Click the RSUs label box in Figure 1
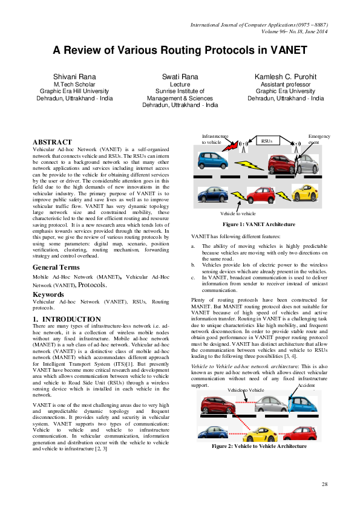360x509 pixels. (267, 141)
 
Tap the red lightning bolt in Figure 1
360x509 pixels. (231, 145)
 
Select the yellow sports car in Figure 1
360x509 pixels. (304, 193)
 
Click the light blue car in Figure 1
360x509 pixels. (212, 160)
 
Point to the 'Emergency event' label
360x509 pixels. (319, 140)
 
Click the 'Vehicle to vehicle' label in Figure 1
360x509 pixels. (238, 213)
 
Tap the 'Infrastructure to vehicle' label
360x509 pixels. (215, 140)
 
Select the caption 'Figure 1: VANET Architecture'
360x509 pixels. (259, 224)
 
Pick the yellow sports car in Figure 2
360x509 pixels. (260, 433)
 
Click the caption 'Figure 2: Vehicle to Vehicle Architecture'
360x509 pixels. (259, 446)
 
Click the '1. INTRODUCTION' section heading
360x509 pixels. (67, 319)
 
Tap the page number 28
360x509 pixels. (324, 485)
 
